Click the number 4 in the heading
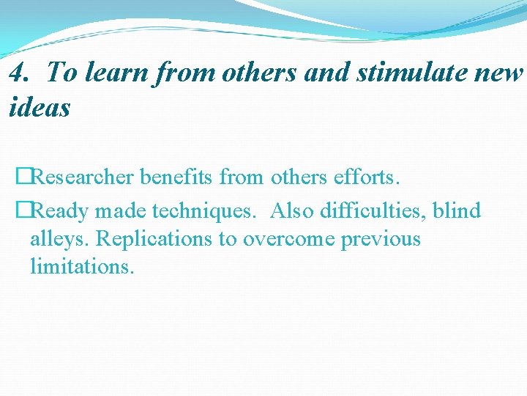pos(19,73)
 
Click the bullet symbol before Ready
pos(23,211)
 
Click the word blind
pos(457,211)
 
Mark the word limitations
pos(82,266)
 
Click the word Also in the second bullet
pos(291,211)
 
